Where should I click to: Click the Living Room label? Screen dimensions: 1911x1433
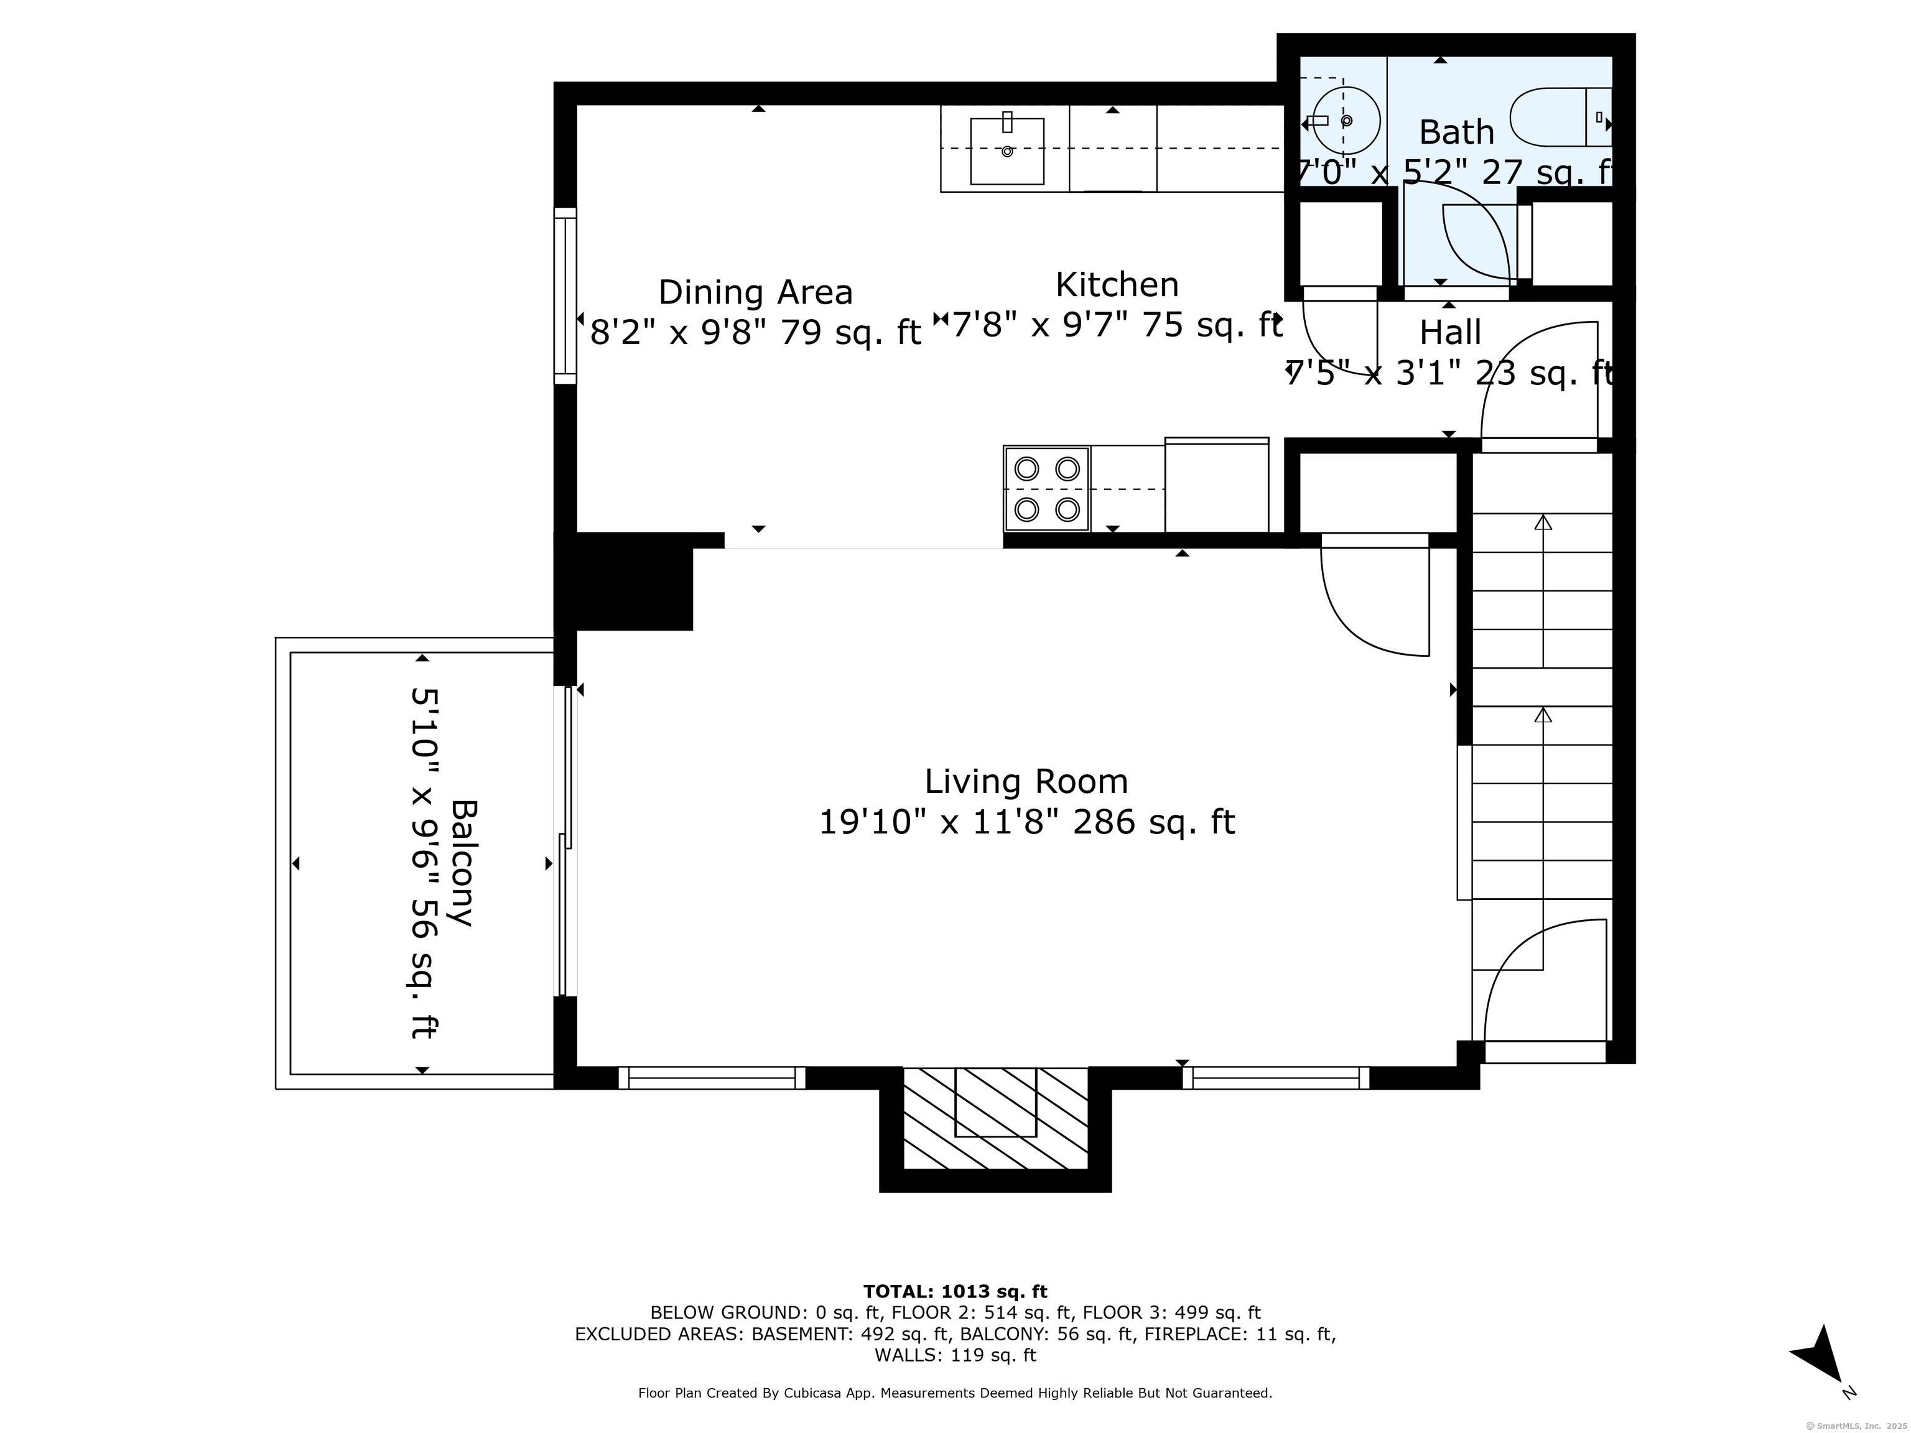(x=1026, y=782)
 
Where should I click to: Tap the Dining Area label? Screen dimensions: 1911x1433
(x=756, y=293)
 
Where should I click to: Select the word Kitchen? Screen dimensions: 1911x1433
(x=1117, y=285)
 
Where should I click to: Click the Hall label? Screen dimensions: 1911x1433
(x=1451, y=333)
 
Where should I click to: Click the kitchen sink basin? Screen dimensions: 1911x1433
(x=1007, y=151)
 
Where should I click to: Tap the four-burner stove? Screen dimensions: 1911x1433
(x=1047, y=489)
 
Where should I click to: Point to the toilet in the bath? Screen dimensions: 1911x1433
(x=1560, y=116)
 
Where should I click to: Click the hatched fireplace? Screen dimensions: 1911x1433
(x=995, y=1118)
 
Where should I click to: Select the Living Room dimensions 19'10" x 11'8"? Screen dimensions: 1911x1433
(x=939, y=822)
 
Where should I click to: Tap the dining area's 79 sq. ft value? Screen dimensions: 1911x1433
(x=851, y=333)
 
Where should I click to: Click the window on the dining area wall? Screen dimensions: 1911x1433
(x=565, y=295)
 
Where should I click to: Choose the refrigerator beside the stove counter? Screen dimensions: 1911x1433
(x=1216, y=485)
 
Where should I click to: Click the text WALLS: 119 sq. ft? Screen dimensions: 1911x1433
(x=955, y=1355)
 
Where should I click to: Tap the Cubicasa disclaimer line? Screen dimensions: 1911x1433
(x=955, y=1393)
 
